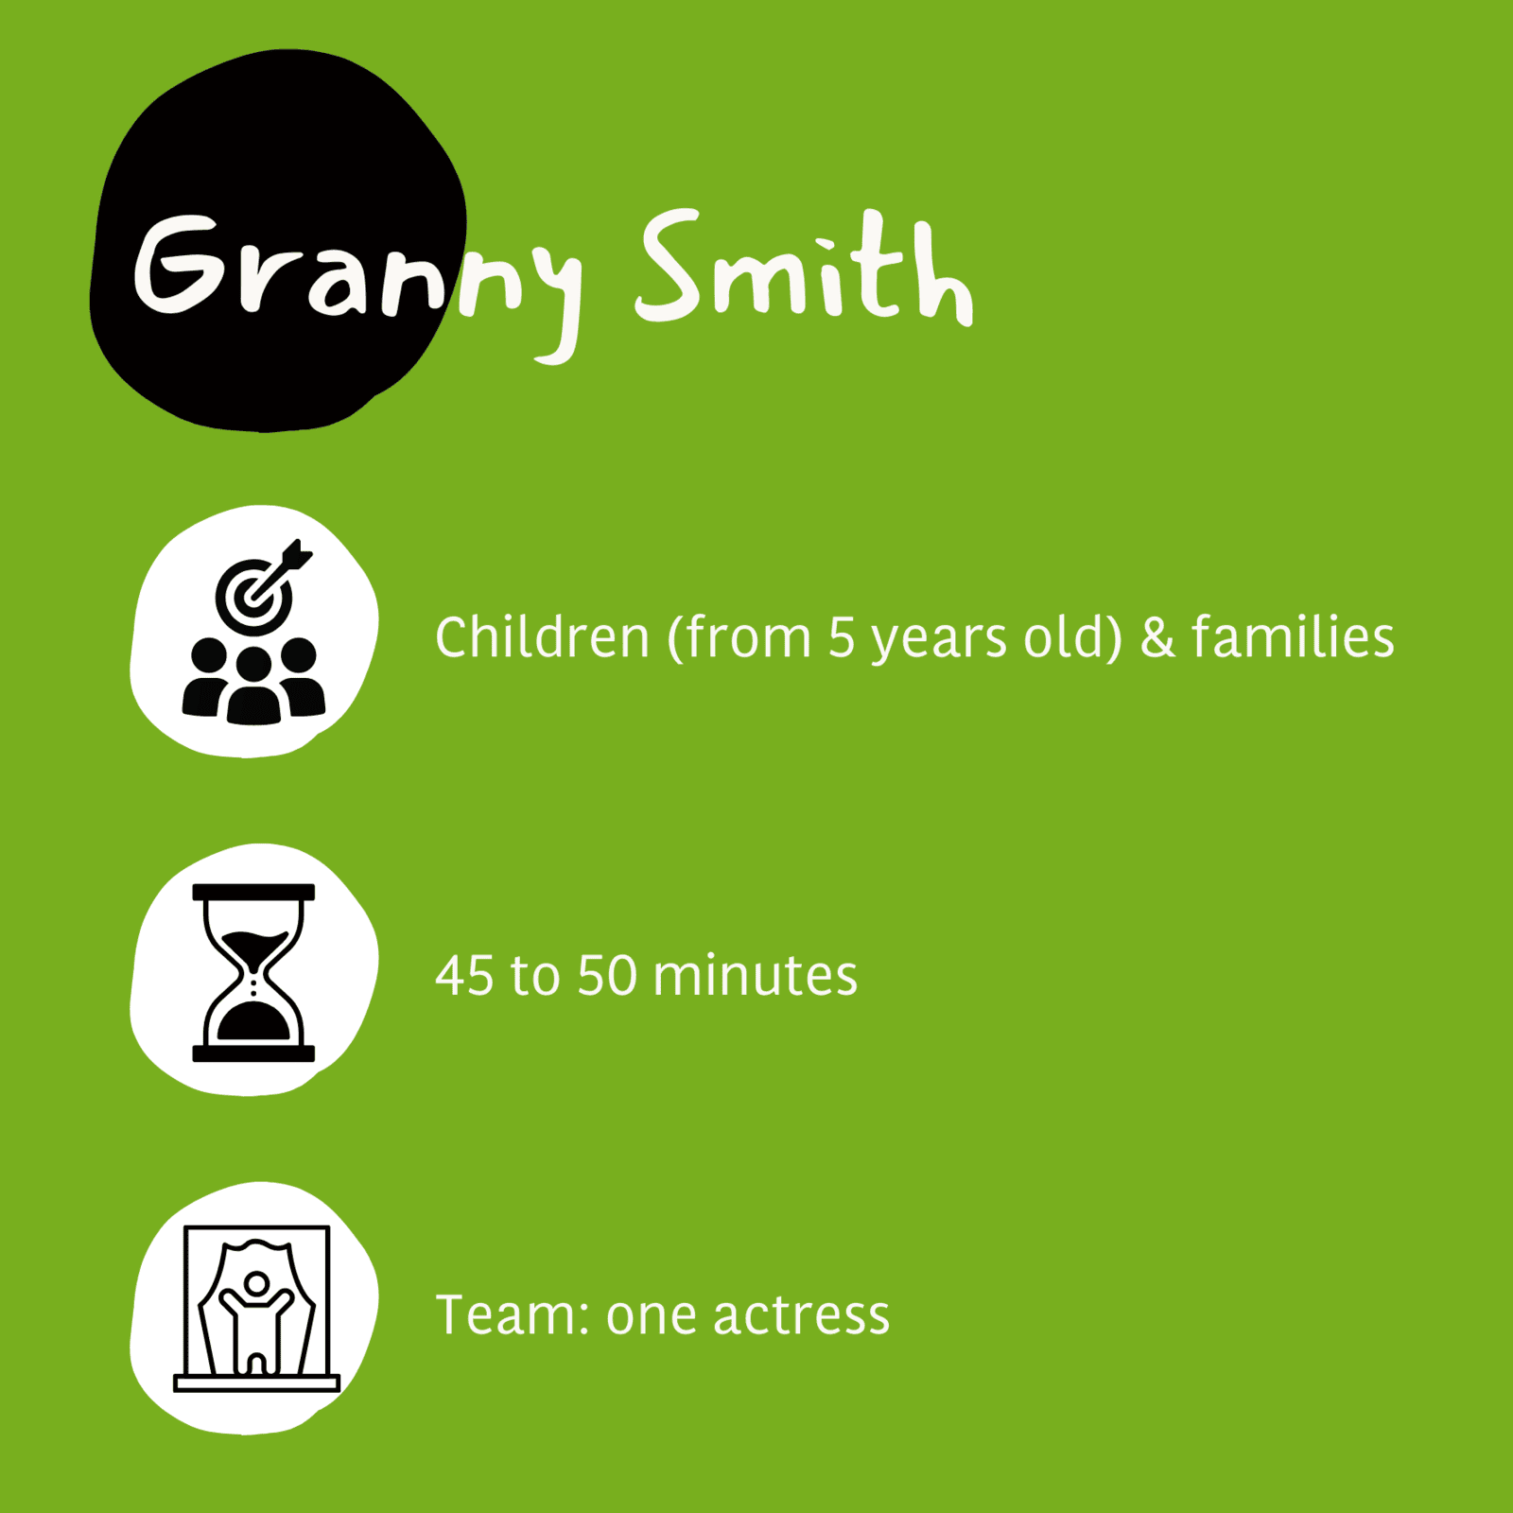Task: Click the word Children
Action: tap(542, 636)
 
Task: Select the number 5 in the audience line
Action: tap(841, 637)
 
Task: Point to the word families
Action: tap(1293, 635)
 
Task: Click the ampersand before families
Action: tap(1157, 637)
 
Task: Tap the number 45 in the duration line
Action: tap(464, 976)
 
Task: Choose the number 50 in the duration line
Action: tap(607, 976)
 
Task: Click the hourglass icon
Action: tap(253, 973)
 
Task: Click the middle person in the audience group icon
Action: tap(253, 687)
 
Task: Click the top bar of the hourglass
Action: tap(253, 892)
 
